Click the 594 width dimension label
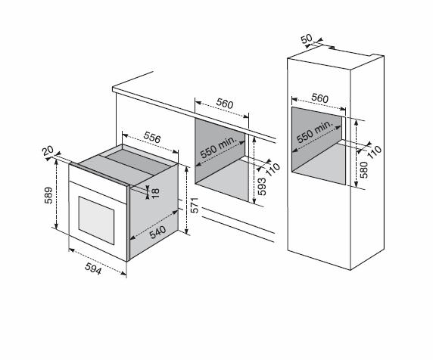[93, 268]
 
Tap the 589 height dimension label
[48, 195]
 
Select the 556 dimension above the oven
[152, 137]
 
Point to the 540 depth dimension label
[157, 232]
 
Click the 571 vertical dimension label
[195, 205]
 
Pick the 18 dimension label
[155, 193]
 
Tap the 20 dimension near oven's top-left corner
[48, 151]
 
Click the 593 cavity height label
[261, 187]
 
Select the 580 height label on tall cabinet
[364, 170]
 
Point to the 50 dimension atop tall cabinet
[307, 39]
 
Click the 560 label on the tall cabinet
[319, 98]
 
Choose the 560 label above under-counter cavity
[225, 103]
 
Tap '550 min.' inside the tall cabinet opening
[315, 132]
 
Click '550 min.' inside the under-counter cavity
[219, 147]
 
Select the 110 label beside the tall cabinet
[375, 152]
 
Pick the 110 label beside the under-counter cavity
[273, 169]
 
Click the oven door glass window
[96, 220]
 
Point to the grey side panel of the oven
[154, 211]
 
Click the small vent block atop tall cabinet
[332, 48]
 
